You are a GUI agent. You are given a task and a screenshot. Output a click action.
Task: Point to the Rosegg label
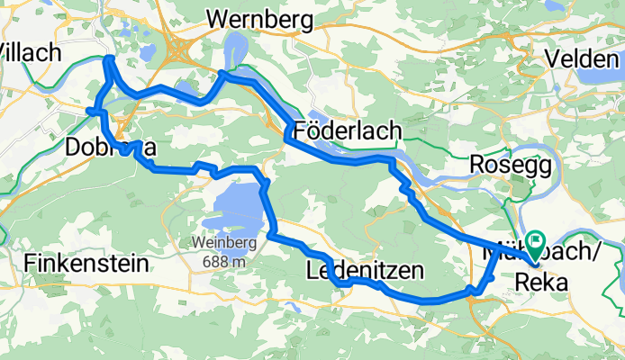[x=503, y=165]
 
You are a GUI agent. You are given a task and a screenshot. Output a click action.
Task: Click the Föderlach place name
[x=347, y=131]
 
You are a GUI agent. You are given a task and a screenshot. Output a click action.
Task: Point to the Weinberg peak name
[x=220, y=242]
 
